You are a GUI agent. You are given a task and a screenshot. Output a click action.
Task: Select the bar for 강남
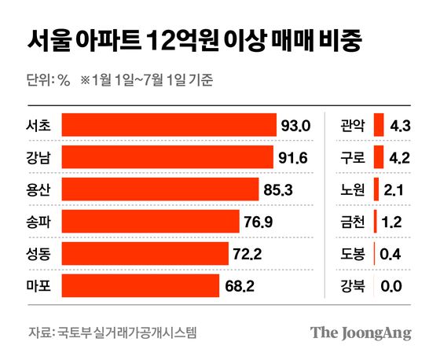click(167, 157)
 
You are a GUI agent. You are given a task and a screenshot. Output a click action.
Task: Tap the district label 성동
click(38, 253)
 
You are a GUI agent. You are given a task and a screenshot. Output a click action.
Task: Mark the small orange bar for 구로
click(379, 157)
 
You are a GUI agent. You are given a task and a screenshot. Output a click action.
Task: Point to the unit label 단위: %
click(48, 79)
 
